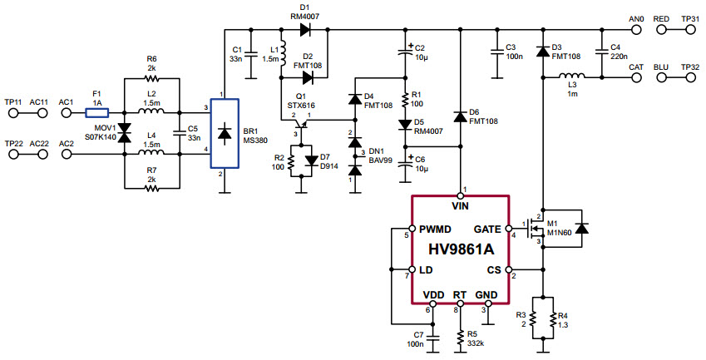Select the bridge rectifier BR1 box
pos(224,133)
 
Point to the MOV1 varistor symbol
pos(125,132)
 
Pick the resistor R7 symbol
pos(151,188)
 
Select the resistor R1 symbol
pos(406,101)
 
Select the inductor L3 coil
pos(573,77)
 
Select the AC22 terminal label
pos(39,143)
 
